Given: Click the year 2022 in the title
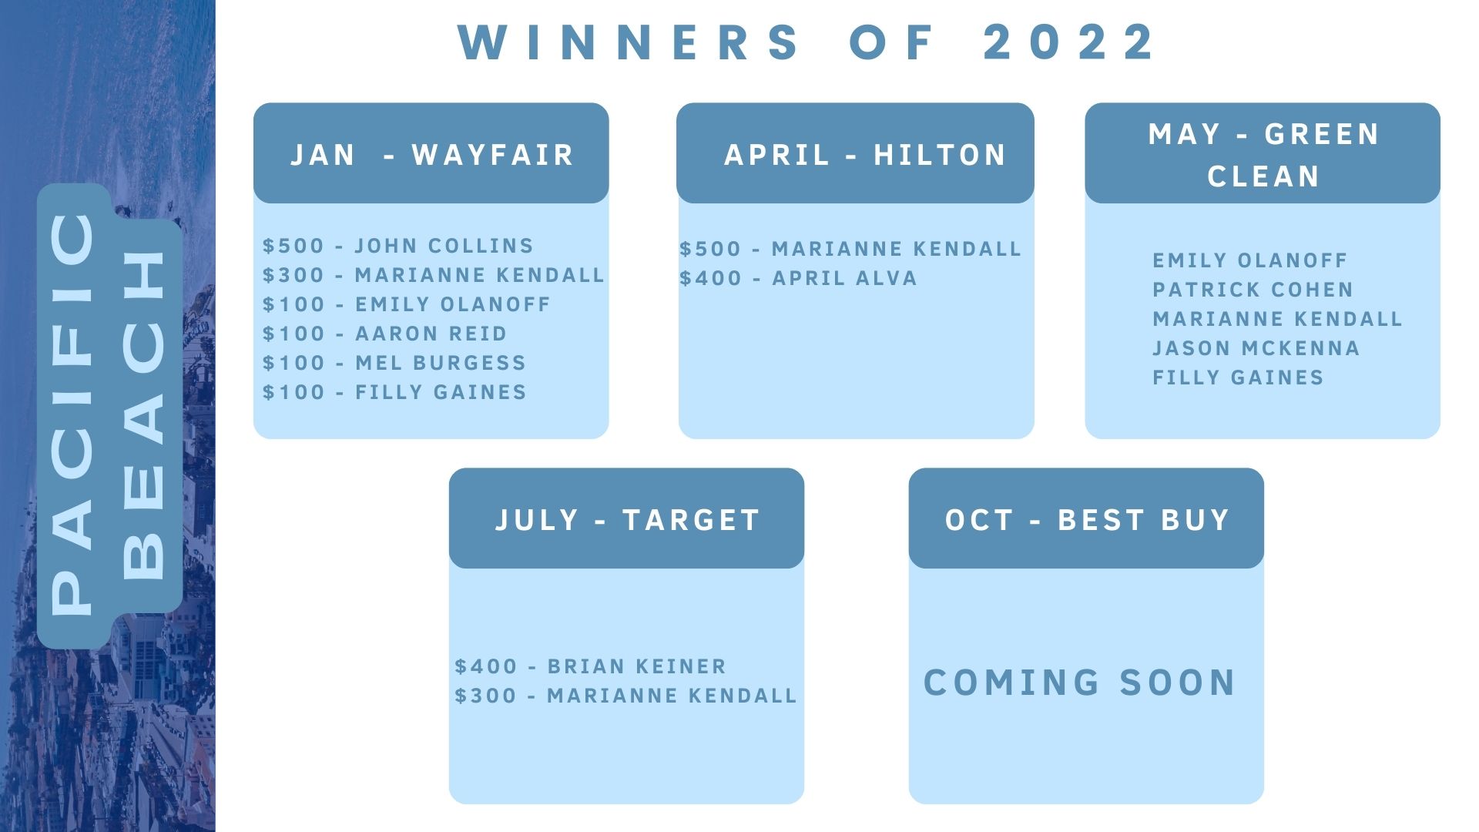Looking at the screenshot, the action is (x=1068, y=42).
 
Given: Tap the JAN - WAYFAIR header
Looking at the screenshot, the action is (x=431, y=155).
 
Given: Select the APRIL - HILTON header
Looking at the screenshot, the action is (x=865, y=155).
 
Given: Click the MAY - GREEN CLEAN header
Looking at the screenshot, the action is (x=1263, y=155).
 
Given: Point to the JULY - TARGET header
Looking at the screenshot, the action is (x=627, y=520).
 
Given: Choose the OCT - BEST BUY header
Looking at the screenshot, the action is (x=1087, y=520).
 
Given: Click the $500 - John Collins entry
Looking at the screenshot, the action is (x=397, y=246).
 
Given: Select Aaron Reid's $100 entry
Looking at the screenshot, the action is (x=384, y=334).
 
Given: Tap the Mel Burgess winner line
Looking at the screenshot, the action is (x=394, y=363).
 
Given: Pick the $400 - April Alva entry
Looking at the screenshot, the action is (x=798, y=278).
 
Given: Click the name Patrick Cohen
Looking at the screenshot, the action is (x=1253, y=290).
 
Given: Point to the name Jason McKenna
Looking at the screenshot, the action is (x=1256, y=348).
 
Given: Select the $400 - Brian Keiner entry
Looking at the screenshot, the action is (x=590, y=666).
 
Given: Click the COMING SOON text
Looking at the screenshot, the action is (x=1080, y=683).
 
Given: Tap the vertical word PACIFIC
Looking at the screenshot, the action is (x=74, y=413).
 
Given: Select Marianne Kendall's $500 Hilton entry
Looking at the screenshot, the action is (x=850, y=249).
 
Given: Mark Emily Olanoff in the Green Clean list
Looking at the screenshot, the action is (x=1249, y=260).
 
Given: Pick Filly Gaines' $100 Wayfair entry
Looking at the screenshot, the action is (x=394, y=392).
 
